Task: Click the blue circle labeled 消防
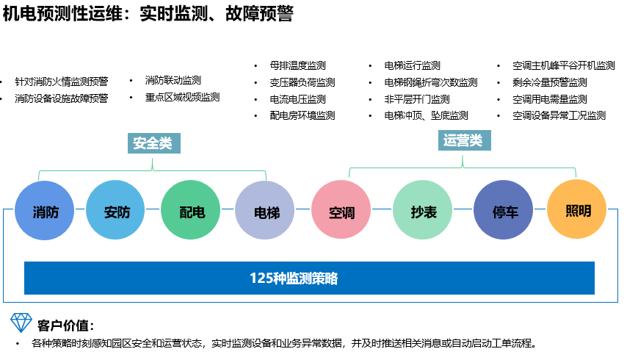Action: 46,212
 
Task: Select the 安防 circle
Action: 117,212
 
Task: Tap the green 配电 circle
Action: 191,212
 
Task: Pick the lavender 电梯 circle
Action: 266,212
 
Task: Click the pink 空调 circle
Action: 341,212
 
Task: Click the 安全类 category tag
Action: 153,143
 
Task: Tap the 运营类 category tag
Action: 463,140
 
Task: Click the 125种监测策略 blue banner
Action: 309,278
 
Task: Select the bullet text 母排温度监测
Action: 297,65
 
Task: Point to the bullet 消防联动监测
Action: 173,80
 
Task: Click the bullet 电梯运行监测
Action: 413,65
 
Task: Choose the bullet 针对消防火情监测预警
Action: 61,82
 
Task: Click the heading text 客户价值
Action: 65,325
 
